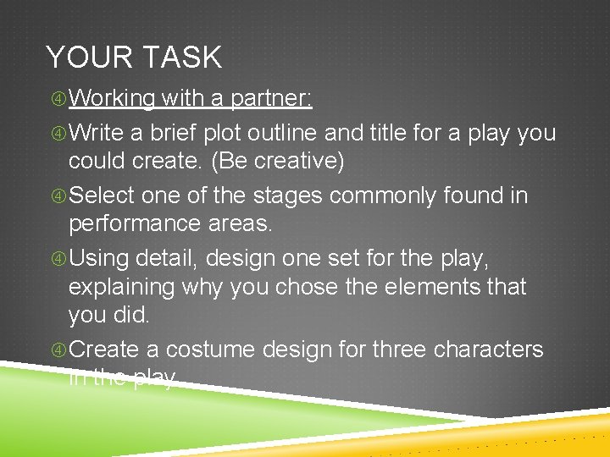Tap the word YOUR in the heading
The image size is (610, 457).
click(x=87, y=58)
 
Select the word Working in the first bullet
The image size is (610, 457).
click(x=111, y=99)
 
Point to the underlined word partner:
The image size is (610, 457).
click(x=270, y=99)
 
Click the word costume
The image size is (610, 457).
click(x=213, y=349)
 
